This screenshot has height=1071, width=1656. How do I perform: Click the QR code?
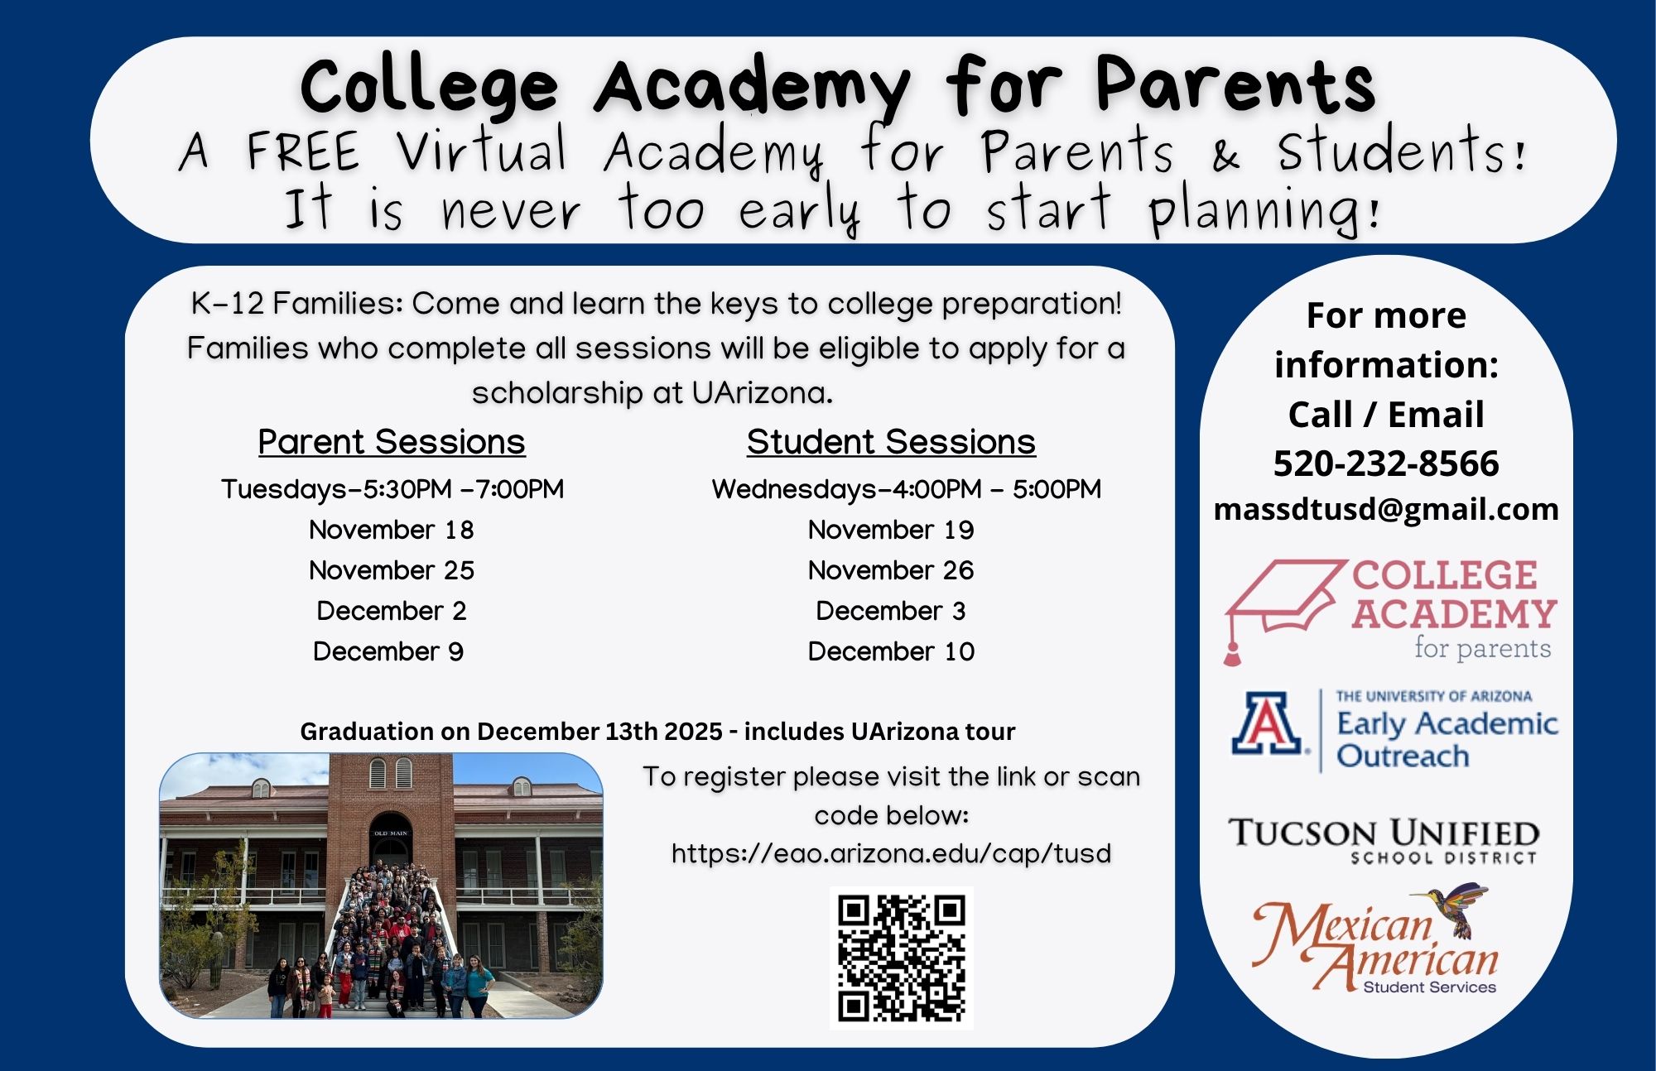tap(901, 958)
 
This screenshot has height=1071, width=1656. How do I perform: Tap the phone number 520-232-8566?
tap(1386, 463)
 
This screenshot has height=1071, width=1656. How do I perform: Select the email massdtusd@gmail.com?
tap(1386, 509)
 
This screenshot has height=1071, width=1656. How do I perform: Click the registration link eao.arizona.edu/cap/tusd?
tap(891, 853)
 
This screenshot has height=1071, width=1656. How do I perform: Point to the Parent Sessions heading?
tap(392, 442)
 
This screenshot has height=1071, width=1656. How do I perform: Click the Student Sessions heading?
tap(891, 442)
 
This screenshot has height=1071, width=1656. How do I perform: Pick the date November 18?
tap(392, 530)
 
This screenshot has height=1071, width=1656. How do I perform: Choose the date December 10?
tap(891, 651)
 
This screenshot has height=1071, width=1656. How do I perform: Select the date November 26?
tap(891, 570)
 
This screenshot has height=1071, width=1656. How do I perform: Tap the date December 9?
tap(388, 651)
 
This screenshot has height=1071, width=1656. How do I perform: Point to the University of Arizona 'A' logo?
tap(1267, 723)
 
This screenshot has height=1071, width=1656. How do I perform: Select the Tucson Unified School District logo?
tap(1384, 840)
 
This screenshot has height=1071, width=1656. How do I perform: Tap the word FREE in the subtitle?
tap(303, 151)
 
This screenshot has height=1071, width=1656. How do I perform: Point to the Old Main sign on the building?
tap(391, 833)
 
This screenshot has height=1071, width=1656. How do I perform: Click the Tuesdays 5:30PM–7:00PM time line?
tap(392, 489)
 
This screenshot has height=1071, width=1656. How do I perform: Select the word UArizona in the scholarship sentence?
tap(762, 393)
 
